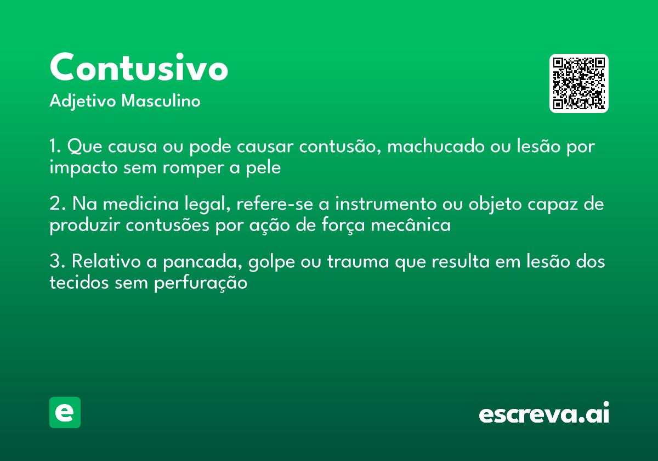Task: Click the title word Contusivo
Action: tap(139, 68)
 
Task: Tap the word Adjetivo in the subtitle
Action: tap(83, 102)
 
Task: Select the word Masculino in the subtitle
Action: tap(161, 101)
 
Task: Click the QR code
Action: tap(579, 83)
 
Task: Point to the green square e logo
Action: tap(65, 412)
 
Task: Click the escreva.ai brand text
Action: tap(544, 413)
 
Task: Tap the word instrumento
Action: tap(385, 204)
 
